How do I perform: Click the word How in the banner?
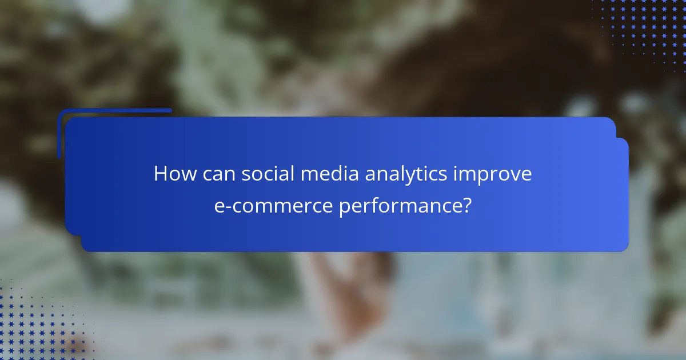[173, 174]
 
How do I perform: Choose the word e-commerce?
[273, 206]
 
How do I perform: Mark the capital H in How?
[161, 174]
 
